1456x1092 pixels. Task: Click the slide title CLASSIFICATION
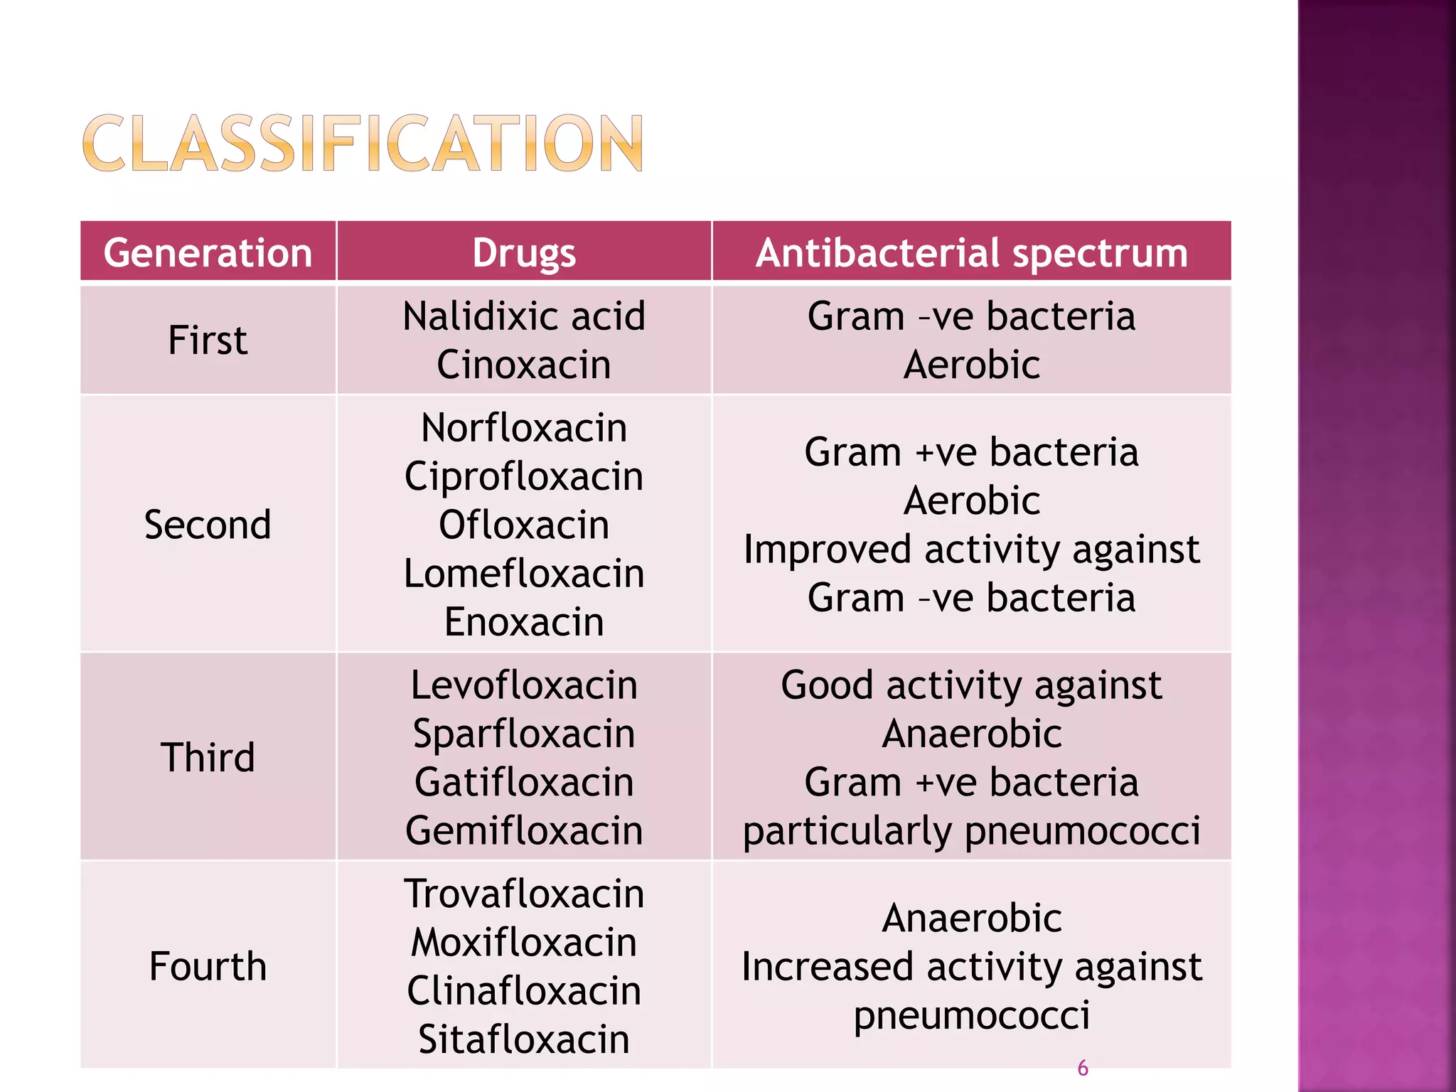[363, 144]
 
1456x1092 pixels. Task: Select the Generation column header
[208, 253]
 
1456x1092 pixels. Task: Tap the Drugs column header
[524, 253]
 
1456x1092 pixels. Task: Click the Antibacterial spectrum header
[971, 253]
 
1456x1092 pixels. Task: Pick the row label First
[208, 340]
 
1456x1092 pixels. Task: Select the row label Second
[208, 525]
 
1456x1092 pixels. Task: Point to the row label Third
[208, 757]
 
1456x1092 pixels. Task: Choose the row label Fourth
[208, 966]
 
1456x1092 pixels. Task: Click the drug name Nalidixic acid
[524, 316]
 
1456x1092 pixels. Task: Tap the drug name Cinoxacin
[524, 365]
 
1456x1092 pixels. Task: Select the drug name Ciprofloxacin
[524, 476]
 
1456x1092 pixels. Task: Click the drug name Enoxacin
[524, 622]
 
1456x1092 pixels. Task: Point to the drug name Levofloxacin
[524, 685]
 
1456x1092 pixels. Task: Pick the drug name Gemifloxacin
[524, 830]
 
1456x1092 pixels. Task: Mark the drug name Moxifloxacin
[524, 943]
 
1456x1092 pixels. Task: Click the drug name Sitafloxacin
[524, 1039]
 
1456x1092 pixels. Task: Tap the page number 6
[1082, 1068]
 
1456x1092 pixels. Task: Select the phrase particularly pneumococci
[971, 830]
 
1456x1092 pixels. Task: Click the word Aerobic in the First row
[971, 365]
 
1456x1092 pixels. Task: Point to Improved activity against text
[971, 550]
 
